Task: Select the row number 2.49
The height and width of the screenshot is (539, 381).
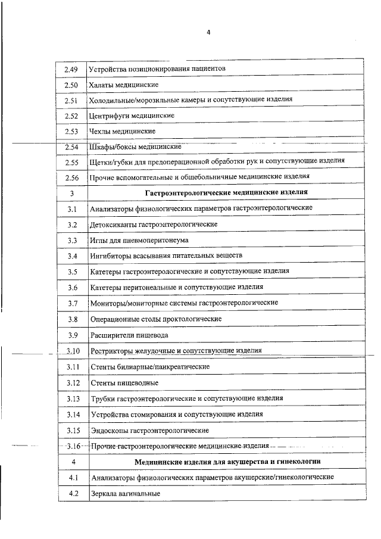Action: tap(71, 69)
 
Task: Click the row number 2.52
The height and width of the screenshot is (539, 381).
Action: tap(71, 115)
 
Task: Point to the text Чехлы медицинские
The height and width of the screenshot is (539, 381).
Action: tap(122, 130)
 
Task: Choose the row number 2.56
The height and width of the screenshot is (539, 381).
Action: tap(71, 177)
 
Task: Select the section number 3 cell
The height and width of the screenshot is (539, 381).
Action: tap(71, 192)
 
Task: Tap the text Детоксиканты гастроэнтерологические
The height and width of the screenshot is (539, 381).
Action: tap(154, 224)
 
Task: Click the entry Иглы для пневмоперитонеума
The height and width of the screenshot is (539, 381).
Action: tap(139, 240)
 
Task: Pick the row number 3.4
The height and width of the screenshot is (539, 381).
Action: tap(73, 256)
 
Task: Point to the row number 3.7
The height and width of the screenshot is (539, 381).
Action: tap(73, 303)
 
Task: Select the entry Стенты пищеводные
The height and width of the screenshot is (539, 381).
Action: tap(124, 382)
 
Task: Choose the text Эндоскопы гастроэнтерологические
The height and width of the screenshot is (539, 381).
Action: tap(149, 429)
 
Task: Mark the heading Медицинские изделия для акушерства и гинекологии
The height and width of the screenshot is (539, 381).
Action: tap(227, 462)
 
